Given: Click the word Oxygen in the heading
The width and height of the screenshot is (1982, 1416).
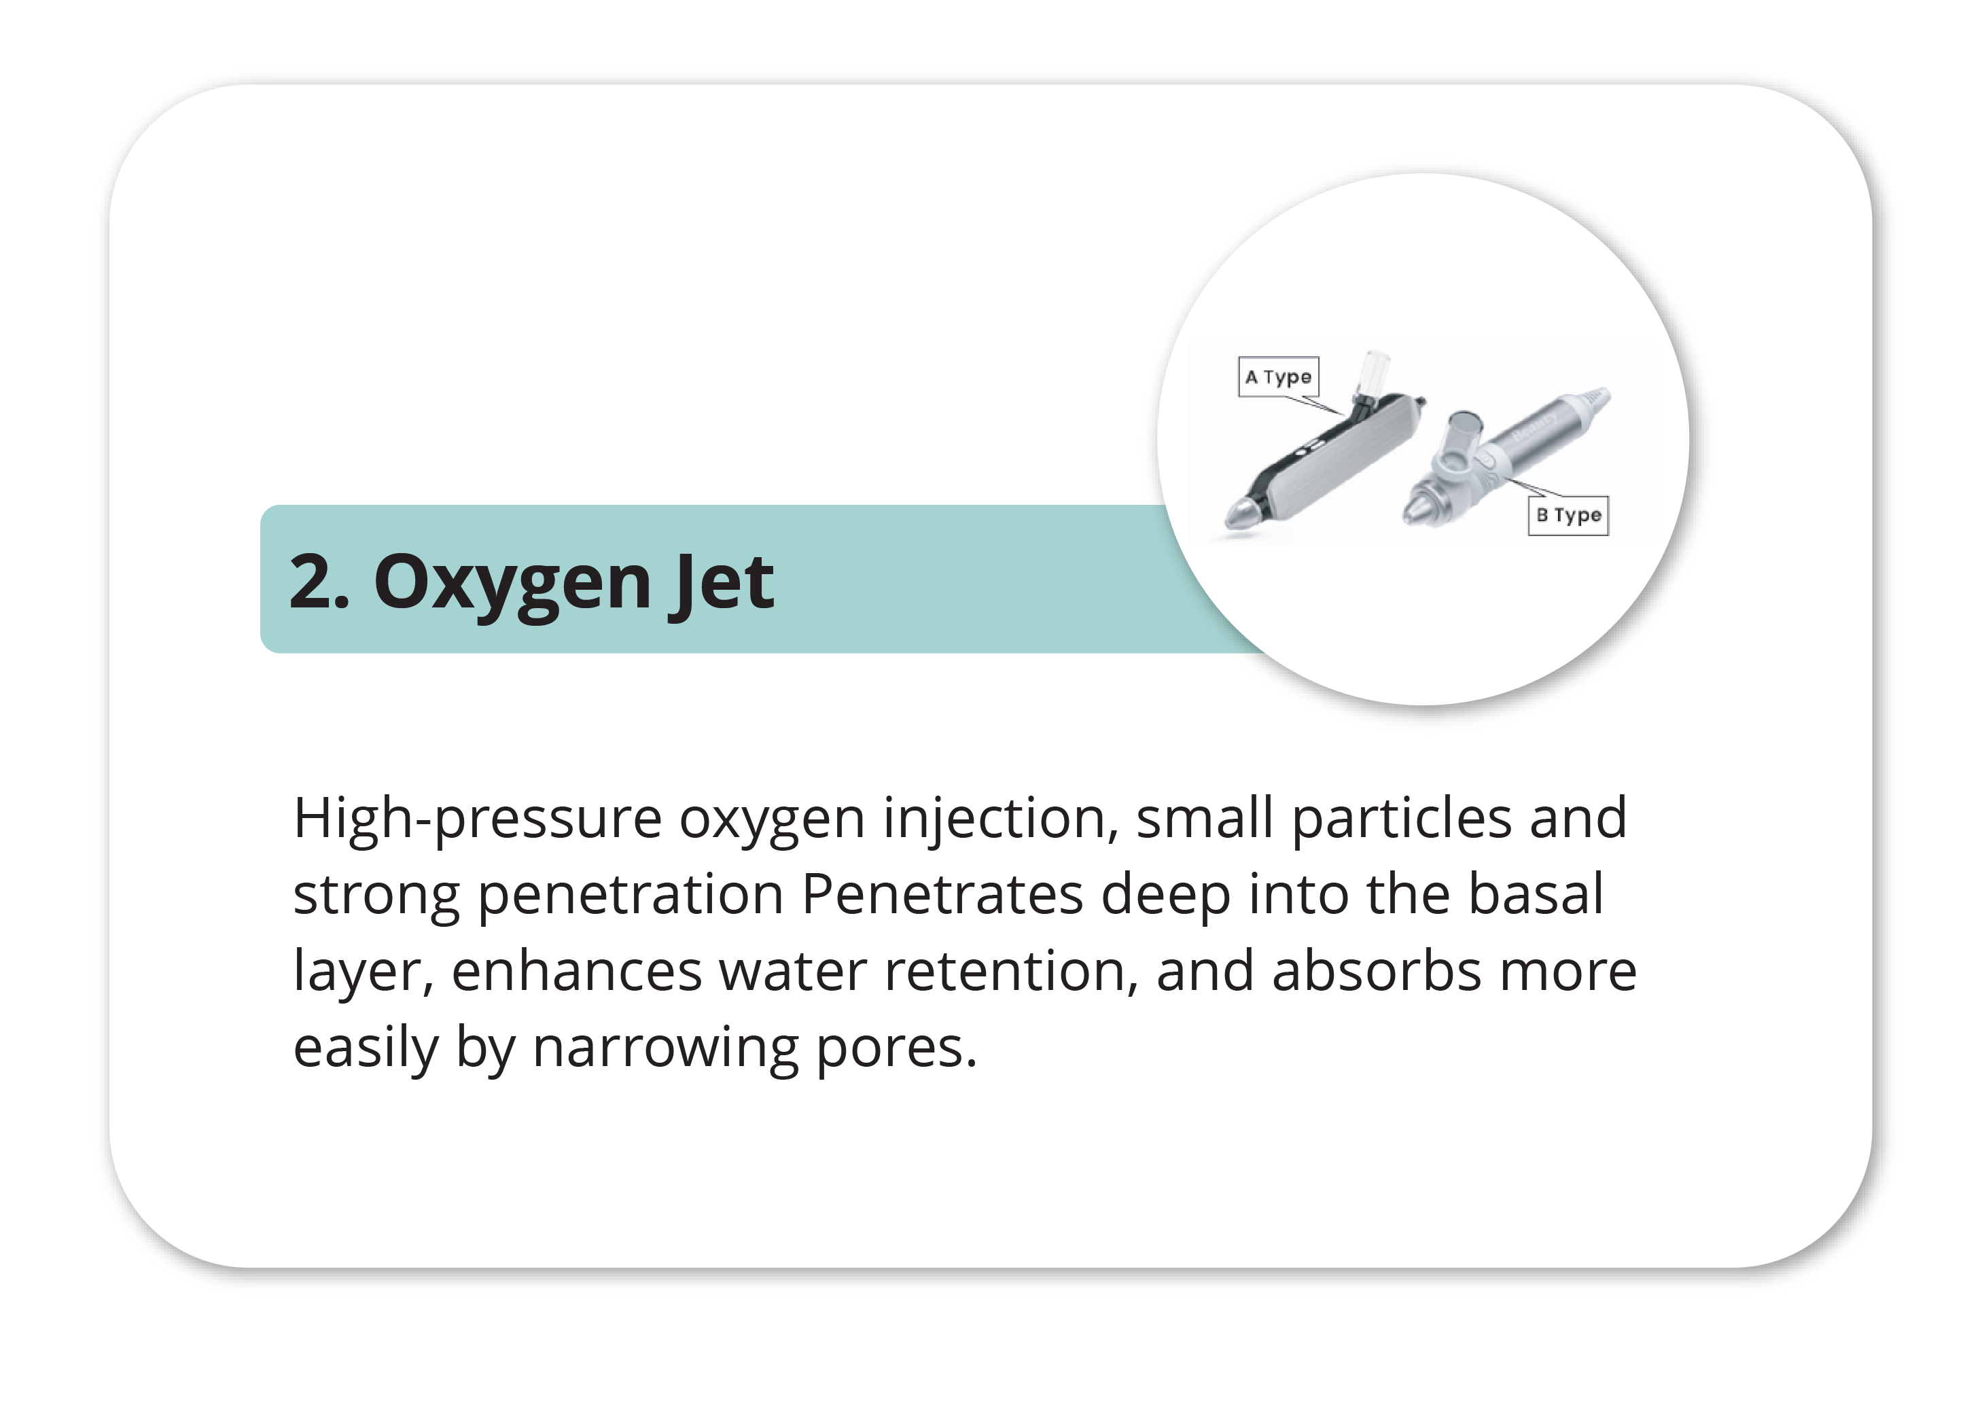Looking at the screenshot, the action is (x=512, y=582).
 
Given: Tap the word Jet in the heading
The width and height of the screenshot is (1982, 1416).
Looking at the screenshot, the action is (x=721, y=582).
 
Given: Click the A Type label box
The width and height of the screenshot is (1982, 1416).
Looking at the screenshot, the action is (x=1278, y=376).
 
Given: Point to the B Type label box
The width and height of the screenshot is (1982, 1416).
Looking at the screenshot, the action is (x=1568, y=515).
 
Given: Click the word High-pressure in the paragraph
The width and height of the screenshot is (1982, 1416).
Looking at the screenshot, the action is (x=478, y=819).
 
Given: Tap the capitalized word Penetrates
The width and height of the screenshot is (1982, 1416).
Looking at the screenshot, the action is (x=942, y=896).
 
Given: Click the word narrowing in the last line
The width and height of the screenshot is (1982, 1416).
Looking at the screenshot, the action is (x=665, y=1048).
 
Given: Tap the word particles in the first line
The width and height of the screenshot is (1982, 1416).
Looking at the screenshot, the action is (x=1401, y=819).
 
